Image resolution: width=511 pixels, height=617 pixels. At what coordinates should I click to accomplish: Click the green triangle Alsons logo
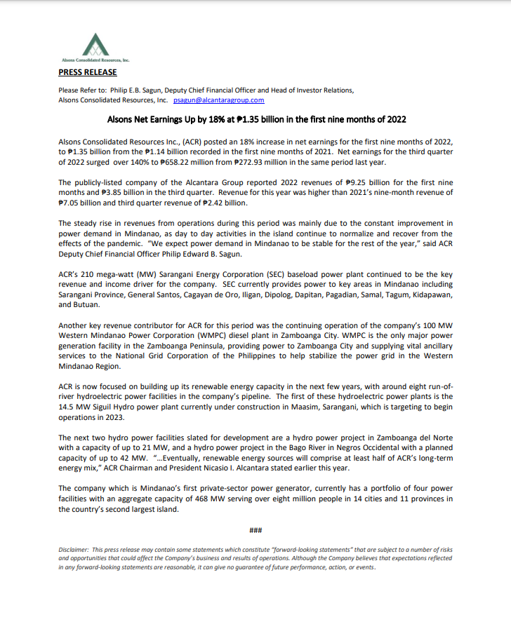coord(95,45)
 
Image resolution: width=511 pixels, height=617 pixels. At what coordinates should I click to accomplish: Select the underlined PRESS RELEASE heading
coord(88,72)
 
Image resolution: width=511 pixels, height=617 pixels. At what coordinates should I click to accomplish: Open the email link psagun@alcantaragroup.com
coord(218,100)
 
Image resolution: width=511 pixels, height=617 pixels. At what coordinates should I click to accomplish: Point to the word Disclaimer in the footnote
coord(74,550)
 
